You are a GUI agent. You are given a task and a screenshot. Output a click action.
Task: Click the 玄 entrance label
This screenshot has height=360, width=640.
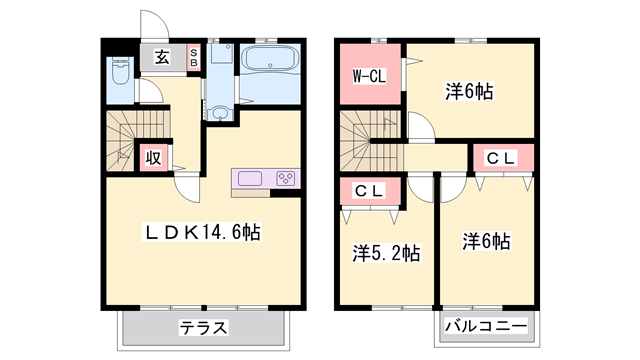pos(162,57)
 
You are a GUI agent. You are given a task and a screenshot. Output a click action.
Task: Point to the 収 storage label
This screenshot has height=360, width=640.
pos(153,157)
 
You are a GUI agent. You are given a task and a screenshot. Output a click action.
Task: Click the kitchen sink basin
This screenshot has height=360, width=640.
pos(250,179)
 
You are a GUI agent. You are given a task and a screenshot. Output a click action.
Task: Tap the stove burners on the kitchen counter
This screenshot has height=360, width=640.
pos(285,179)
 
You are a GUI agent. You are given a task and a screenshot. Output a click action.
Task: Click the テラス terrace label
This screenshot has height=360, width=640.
pos(204,327)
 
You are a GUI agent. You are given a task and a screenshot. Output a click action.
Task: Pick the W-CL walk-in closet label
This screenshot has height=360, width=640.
pos(369,74)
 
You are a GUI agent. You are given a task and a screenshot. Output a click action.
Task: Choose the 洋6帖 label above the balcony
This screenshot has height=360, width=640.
pos(487,241)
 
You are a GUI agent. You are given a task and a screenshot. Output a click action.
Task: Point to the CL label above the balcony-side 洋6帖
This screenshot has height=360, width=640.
pos(502,157)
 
